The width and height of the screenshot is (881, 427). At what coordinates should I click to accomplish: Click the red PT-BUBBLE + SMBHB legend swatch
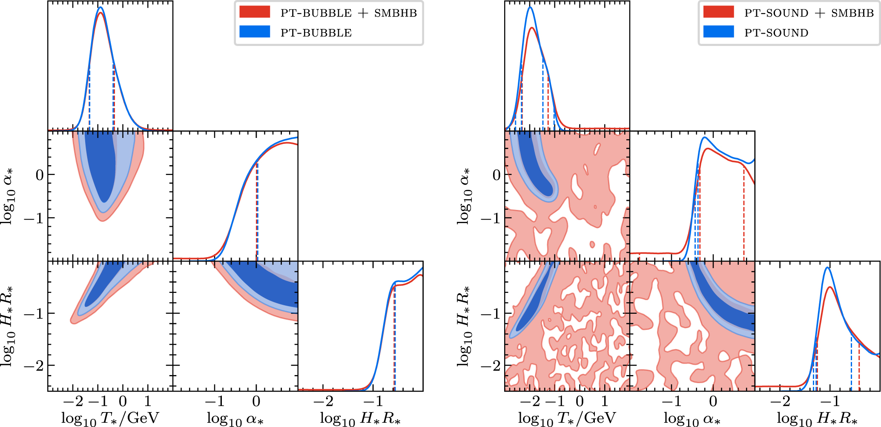[255, 12]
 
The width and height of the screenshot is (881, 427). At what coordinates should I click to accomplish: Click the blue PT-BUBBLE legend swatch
[255, 32]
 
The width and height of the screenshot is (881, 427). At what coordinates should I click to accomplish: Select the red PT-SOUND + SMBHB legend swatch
[718, 12]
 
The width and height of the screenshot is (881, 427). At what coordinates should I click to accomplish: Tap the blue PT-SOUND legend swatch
[718, 32]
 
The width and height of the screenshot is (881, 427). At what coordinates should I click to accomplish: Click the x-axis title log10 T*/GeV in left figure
[110, 418]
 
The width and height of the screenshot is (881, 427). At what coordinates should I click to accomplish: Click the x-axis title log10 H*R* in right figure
[817, 418]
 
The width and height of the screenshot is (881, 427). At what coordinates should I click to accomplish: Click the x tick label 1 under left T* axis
[147, 401]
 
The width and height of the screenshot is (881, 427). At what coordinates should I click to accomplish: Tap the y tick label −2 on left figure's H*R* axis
[34, 365]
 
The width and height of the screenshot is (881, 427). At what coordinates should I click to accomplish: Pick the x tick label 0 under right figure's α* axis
[713, 401]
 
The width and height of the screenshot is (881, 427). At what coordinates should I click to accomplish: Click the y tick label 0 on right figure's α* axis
[496, 175]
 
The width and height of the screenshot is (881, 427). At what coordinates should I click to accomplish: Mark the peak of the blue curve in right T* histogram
[530, 7]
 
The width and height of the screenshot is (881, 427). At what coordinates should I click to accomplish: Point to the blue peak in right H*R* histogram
[827, 267]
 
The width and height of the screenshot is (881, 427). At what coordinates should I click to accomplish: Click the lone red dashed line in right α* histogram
[744, 213]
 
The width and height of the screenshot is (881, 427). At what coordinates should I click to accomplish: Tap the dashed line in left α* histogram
[257, 213]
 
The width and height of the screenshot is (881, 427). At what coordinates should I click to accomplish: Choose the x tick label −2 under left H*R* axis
[324, 401]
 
